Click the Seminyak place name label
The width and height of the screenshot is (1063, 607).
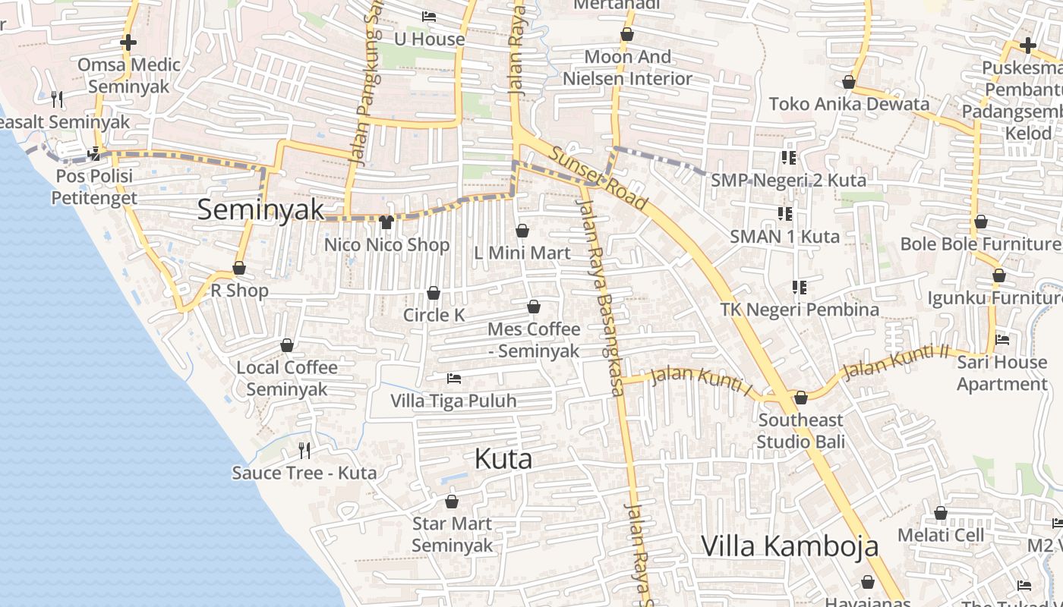[260, 209]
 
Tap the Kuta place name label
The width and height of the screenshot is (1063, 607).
[503, 458]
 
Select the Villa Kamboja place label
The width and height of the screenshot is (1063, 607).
[789, 546]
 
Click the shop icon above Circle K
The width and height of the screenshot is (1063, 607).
[434, 293]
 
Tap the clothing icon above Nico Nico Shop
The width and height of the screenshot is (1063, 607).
[386, 222]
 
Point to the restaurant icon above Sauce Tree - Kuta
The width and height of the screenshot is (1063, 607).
[304, 451]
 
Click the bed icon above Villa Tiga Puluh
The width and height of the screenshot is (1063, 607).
[454, 378]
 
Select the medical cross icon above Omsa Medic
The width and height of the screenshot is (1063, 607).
[128, 42]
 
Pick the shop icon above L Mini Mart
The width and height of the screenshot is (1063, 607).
[522, 230]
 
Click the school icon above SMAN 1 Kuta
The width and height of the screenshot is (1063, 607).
[784, 214]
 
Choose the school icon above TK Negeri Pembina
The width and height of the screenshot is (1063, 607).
[799, 288]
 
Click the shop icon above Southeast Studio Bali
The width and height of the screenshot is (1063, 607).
[800, 398]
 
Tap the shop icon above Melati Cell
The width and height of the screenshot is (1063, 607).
[940, 514]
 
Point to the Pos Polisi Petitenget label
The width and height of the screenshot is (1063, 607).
[94, 187]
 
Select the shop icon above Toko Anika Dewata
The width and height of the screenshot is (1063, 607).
[848, 82]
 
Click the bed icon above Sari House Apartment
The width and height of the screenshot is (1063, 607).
[1002, 340]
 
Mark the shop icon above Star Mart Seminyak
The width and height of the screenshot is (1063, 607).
[452, 502]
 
